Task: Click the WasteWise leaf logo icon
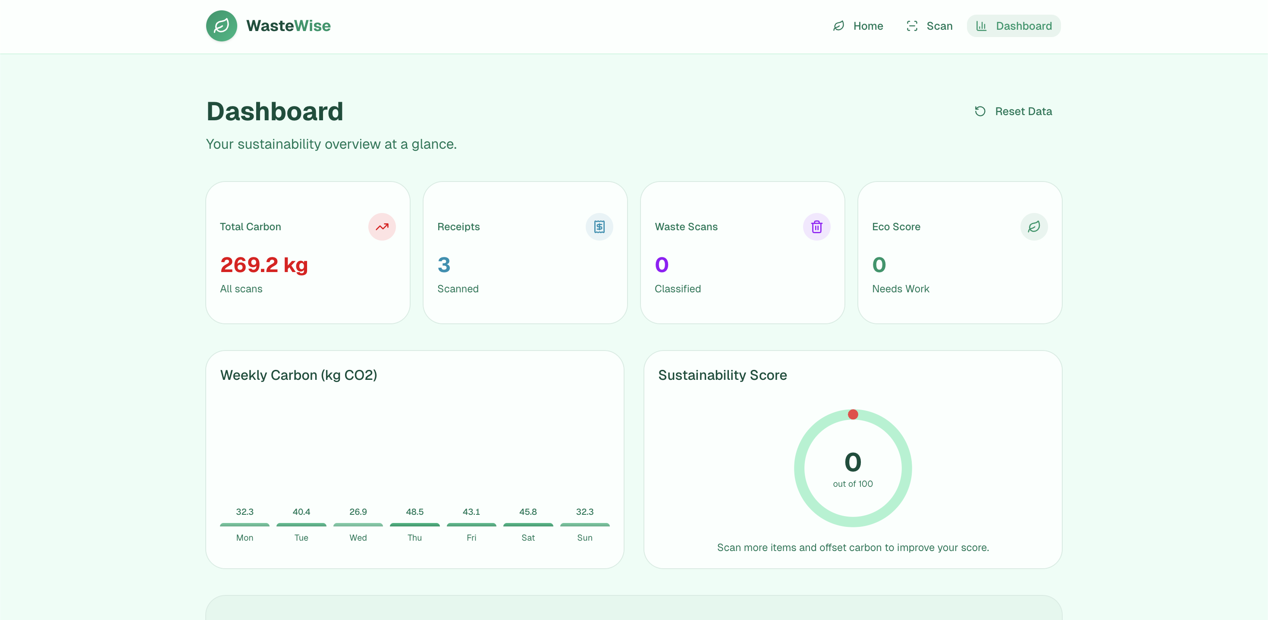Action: coord(222,25)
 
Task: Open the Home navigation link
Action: coord(858,25)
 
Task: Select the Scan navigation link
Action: coord(929,25)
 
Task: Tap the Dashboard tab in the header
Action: coord(1014,25)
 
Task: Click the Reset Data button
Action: coord(1013,111)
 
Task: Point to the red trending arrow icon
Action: coord(382,227)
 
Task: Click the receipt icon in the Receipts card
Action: coord(599,227)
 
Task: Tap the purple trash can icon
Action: coord(816,227)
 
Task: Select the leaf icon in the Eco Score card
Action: coord(1034,227)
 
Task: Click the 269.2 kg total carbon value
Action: coord(264,265)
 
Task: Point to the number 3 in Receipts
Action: coord(444,265)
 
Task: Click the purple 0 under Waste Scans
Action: coord(662,265)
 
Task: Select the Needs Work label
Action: coord(900,289)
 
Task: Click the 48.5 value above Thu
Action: coord(414,512)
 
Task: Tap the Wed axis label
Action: coord(358,538)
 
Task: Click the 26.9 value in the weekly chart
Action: coord(358,512)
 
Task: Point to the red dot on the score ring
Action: coord(853,414)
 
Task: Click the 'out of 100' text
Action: coord(853,484)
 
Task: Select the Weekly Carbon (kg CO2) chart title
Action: coord(298,375)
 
